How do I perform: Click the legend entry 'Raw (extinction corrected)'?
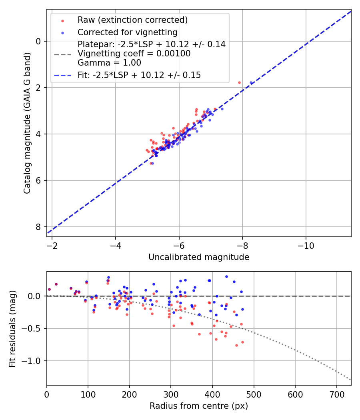coord(132,20)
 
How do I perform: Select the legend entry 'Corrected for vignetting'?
coord(127,32)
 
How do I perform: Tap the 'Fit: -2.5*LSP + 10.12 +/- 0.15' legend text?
coord(139,75)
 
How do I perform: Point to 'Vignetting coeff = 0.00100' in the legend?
coord(134,54)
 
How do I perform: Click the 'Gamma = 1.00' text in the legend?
coord(109,62)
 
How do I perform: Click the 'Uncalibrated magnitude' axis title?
coord(199,257)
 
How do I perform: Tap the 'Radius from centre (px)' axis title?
coord(199,406)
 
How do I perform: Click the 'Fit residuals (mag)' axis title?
coord(12,328)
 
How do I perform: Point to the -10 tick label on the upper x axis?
coord(306,244)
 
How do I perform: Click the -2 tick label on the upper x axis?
coord(52,244)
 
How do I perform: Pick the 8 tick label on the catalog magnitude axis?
coord(38,227)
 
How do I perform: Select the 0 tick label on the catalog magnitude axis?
coord(38,41)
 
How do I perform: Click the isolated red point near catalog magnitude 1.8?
coord(239,82)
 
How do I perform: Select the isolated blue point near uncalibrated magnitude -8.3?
coord(251,83)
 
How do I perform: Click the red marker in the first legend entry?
coord(62,20)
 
